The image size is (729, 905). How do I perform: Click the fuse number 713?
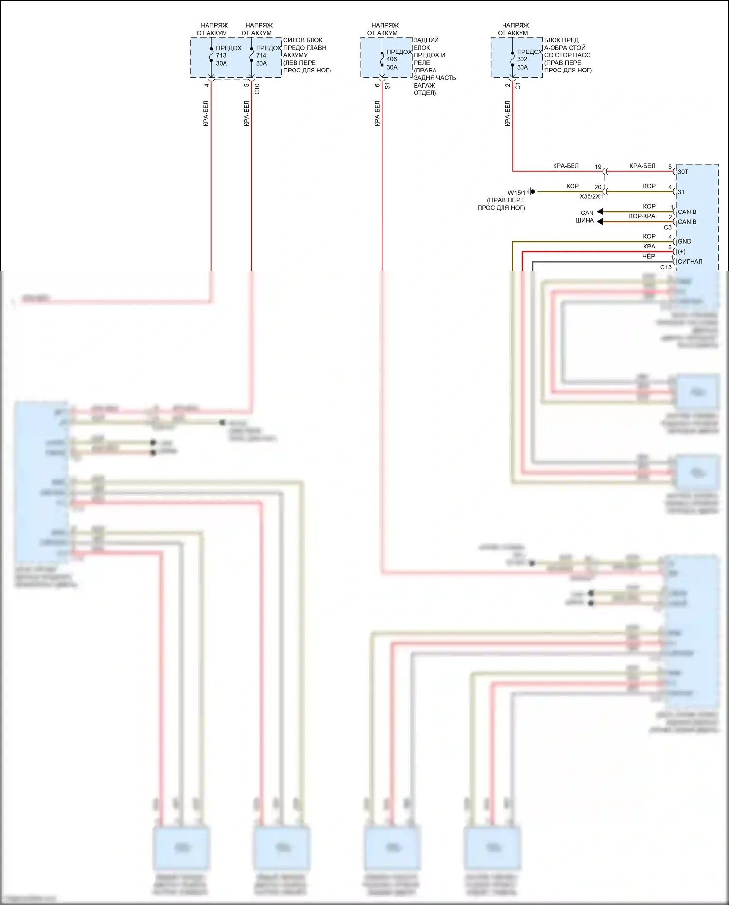tap(221, 55)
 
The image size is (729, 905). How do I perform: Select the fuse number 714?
tap(261, 55)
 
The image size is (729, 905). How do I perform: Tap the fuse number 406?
tap(392, 59)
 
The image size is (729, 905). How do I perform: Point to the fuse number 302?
tap(522, 59)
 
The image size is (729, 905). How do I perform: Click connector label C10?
tap(257, 89)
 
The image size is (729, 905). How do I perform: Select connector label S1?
tap(387, 86)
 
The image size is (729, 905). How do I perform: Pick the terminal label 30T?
tap(683, 172)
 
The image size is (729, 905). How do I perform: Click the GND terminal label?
tap(684, 241)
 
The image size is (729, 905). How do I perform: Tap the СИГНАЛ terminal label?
tap(690, 262)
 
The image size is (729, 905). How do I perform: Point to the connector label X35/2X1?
tap(591, 196)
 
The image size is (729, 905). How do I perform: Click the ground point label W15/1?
tap(517, 193)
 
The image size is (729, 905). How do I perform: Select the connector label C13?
tap(666, 267)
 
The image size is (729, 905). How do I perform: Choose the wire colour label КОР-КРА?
tap(642, 216)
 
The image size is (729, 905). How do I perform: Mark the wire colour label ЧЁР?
tap(649, 256)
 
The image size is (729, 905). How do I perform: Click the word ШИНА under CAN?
tap(585, 220)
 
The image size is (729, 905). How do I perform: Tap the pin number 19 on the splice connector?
tap(598, 167)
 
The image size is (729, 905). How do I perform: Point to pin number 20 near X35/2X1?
tap(598, 187)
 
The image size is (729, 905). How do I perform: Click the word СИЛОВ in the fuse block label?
tap(293, 40)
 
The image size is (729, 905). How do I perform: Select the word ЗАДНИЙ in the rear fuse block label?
tap(426, 40)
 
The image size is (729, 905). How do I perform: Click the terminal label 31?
tap(681, 192)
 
